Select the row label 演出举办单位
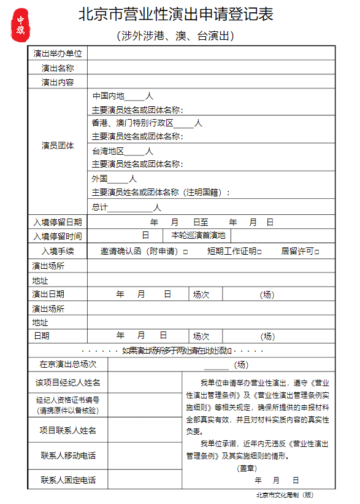(x=58, y=54)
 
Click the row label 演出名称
(x=58, y=68)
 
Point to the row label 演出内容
(x=58, y=82)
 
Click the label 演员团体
(x=58, y=145)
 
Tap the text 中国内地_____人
(x=123, y=96)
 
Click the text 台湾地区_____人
(x=123, y=151)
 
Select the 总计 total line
(x=126, y=207)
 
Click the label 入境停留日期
(x=58, y=222)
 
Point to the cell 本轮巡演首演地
(x=198, y=235)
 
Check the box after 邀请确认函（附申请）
(x=185, y=252)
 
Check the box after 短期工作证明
(x=259, y=252)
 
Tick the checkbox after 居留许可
(x=317, y=252)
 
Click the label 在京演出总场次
(x=67, y=365)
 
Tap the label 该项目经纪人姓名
(x=67, y=383)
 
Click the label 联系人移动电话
(x=67, y=456)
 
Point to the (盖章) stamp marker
(x=246, y=468)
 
